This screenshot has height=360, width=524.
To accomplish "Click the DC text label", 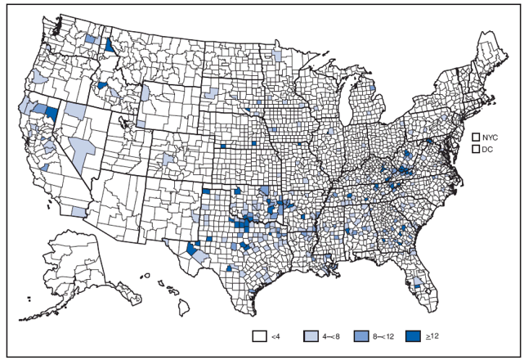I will pos(489,151).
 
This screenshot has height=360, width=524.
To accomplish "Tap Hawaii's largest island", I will pos(186,308).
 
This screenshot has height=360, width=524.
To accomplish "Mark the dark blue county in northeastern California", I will pos(51,113).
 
